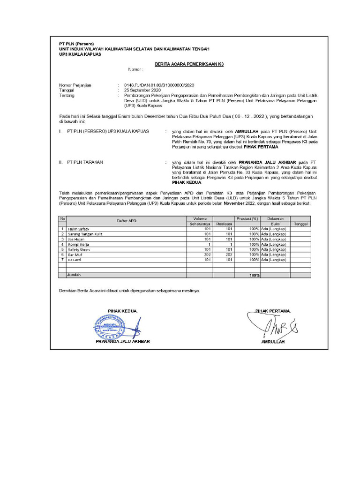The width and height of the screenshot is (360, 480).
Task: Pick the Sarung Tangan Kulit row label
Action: [x=85, y=234]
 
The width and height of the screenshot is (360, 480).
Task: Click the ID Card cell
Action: [x=74, y=260]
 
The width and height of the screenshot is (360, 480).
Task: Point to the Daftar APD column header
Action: [x=126, y=221]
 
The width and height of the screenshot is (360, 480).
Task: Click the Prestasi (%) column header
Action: [x=247, y=218]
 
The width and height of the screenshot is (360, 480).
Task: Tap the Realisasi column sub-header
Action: [x=225, y=224]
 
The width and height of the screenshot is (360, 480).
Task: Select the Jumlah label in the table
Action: [x=74, y=275]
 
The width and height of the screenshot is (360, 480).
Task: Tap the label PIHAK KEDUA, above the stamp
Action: [x=123, y=311]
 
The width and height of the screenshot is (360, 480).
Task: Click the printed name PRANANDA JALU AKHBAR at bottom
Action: [x=122, y=342]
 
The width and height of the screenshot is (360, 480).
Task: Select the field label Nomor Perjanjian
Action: [x=75, y=85]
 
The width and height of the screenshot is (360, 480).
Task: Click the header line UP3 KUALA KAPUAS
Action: [x=80, y=54]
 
